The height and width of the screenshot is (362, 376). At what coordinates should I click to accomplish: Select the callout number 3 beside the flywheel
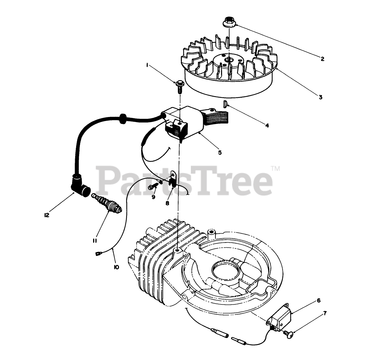point(320,97)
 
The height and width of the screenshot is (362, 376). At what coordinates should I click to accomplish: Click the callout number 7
point(325,313)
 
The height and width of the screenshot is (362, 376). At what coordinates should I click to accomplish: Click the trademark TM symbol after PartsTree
point(276,169)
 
